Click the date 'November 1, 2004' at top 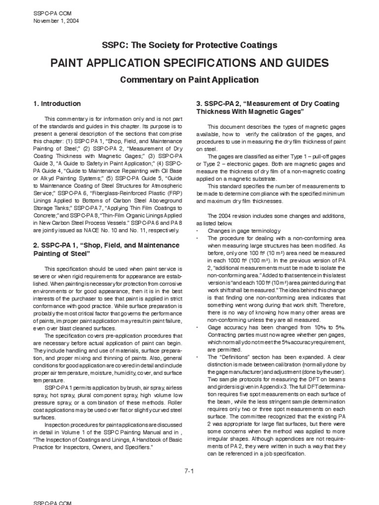(55, 21)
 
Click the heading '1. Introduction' (57, 104)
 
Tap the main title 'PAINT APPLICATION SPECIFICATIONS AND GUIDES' (189, 63)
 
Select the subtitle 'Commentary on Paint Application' (189, 79)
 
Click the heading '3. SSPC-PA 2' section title (268, 108)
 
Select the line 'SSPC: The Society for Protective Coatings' (189, 45)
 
